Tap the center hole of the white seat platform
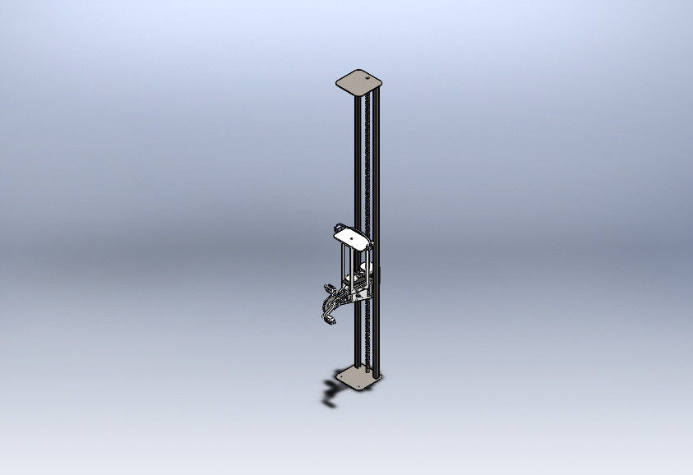352,238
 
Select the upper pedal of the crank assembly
330,288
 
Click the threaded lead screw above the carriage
367,164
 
